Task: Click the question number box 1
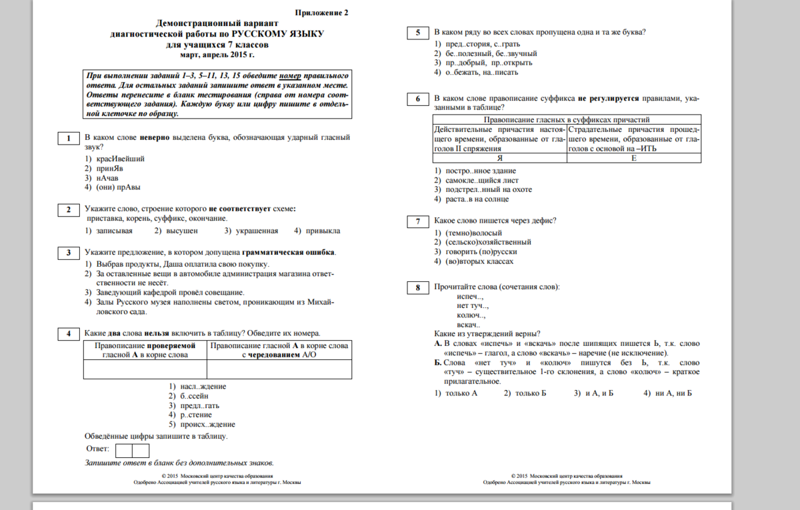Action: (x=68, y=138)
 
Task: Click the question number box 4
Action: (x=68, y=333)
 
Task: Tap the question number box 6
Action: (x=417, y=99)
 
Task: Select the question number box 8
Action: (x=417, y=287)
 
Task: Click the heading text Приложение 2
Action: (x=321, y=13)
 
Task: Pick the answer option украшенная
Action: (x=255, y=231)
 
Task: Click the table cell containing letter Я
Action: (x=499, y=158)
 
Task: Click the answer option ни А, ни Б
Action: (x=673, y=393)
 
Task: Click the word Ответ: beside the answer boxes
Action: (x=98, y=450)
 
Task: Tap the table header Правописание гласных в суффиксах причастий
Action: (x=567, y=119)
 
